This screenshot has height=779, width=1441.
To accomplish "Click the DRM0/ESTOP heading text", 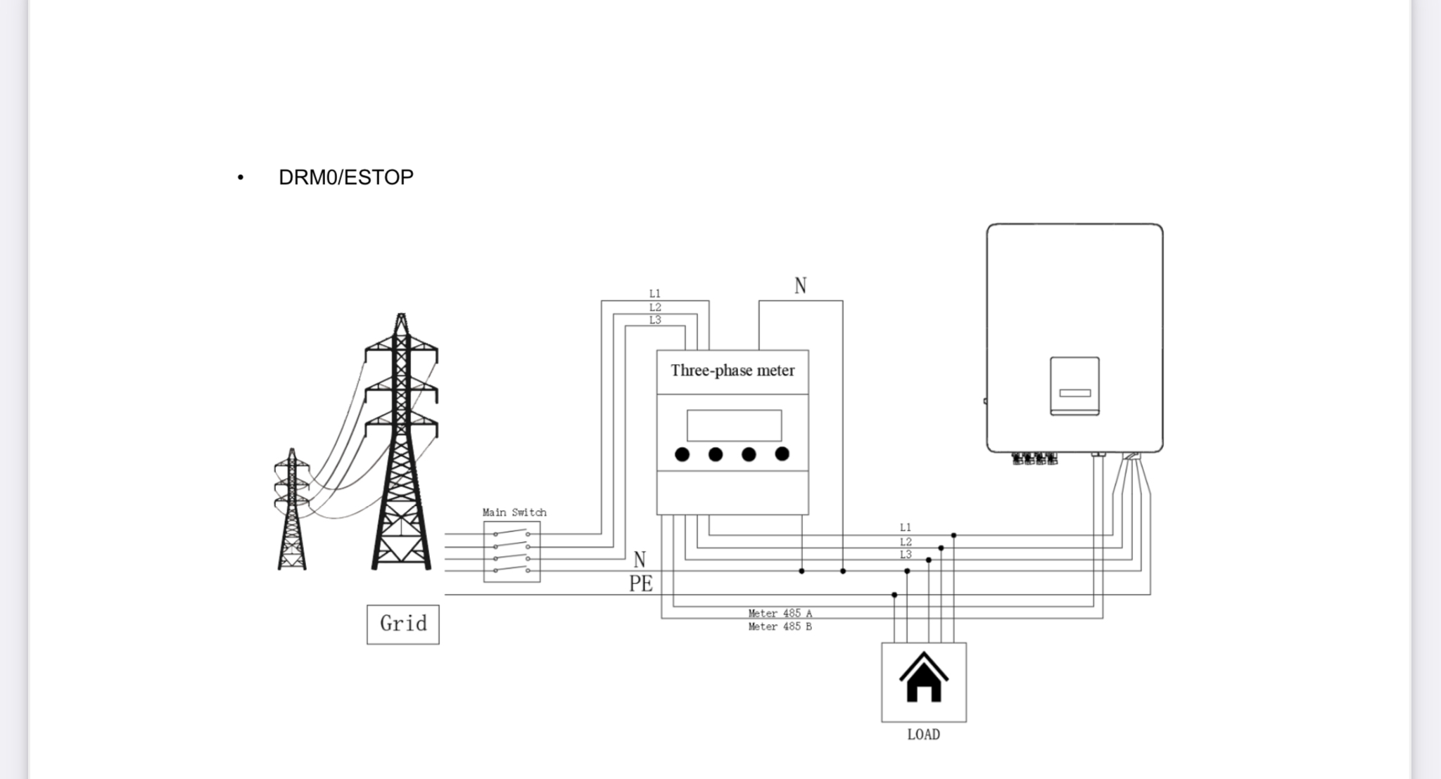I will (x=345, y=177).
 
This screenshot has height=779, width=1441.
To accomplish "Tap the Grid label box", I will (x=402, y=624).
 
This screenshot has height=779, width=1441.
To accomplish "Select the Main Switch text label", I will (x=514, y=513).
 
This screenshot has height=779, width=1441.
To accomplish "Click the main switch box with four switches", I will (x=512, y=552).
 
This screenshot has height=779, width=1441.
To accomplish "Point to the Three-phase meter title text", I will (x=732, y=371).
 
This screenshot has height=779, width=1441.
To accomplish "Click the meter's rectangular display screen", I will (x=734, y=425).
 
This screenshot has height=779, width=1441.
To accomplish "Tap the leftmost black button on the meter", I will (x=682, y=455).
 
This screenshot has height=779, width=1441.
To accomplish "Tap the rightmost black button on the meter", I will (x=782, y=454).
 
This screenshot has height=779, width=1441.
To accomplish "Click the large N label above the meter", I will (x=800, y=285).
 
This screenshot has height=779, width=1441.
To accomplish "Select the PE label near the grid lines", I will (x=640, y=584).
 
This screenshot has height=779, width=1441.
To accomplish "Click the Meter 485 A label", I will (x=780, y=613).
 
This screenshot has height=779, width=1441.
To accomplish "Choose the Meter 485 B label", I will (x=780, y=626).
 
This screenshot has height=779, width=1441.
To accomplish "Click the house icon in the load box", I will (x=923, y=678).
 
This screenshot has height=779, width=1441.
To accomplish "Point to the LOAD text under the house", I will (x=923, y=735).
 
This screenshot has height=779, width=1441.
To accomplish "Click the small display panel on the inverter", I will (x=1074, y=386).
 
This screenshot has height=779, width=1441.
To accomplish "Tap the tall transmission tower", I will (x=401, y=443).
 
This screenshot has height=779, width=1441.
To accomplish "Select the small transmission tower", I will (x=292, y=510).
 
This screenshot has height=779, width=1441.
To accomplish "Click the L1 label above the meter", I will (x=655, y=294).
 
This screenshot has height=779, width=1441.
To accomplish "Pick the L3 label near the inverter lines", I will (x=906, y=555).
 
